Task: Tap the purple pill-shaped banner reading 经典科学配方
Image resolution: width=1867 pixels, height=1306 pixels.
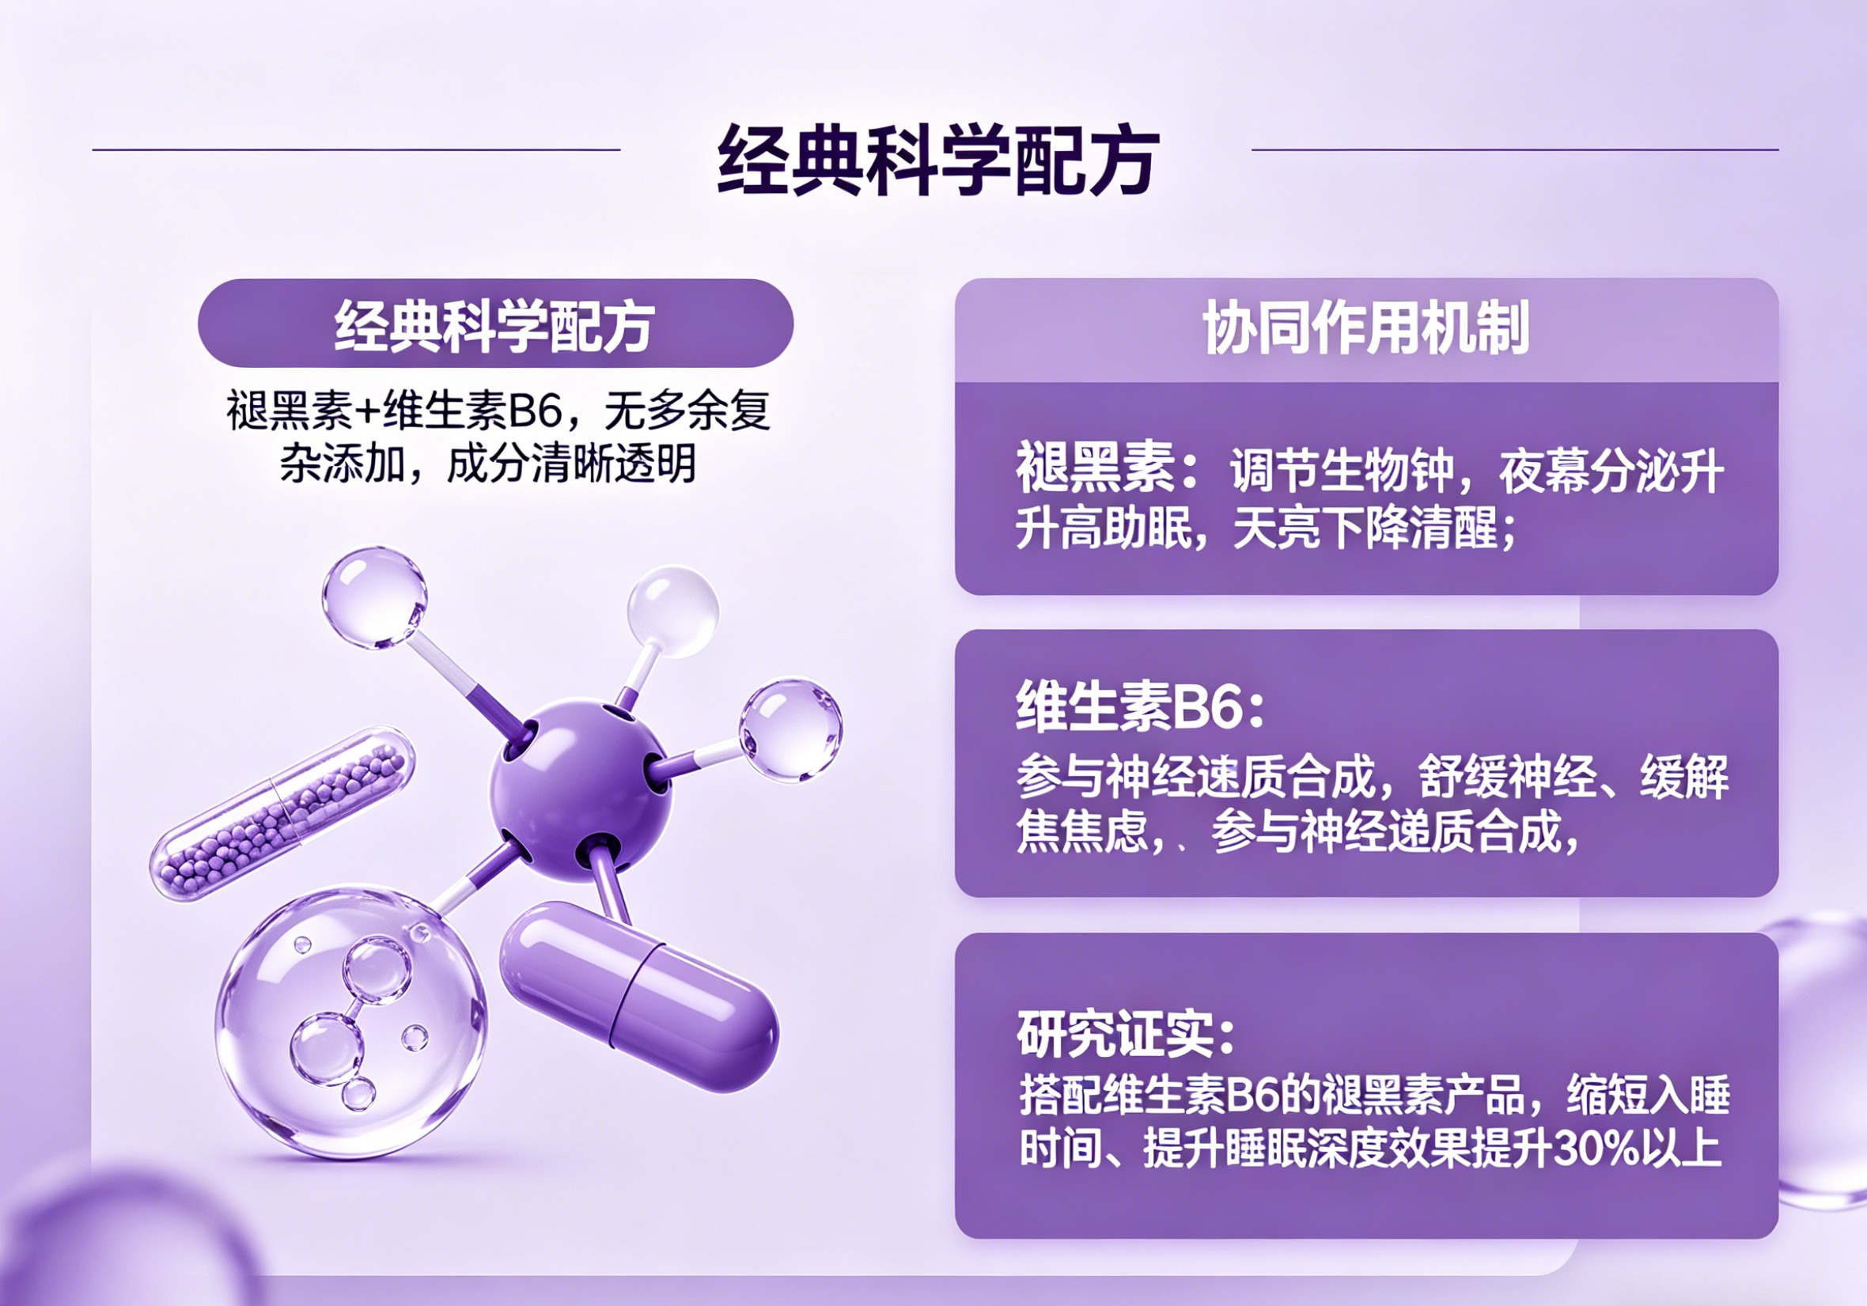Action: pyautogui.click(x=495, y=323)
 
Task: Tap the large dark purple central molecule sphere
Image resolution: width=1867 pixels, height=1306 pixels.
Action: pyautogui.click(x=581, y=789)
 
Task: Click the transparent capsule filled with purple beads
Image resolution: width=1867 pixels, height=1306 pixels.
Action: pyautogui.click(x=282, y=814)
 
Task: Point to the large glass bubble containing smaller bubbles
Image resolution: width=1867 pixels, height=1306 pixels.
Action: pyautogui.click(x=350, y=1022)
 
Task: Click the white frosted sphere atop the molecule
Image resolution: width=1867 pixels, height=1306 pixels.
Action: pyautogui.click(x=672, y=611)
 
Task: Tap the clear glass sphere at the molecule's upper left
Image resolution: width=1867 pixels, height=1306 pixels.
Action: pyautogui.click(x=374, y=597)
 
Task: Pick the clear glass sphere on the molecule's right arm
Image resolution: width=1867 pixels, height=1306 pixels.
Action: pyautogui.click(x=790, y=730)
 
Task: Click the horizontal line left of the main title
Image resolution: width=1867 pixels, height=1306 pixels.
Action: pyautogui.click(x=356, y=150)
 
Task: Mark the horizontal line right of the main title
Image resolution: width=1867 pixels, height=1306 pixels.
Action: pyautogui.click(x=1515, y=150)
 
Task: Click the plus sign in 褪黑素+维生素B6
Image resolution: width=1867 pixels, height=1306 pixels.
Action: pyautogui.click(x=368, y=411)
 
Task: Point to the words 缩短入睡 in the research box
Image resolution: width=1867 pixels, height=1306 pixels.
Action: pyautogui.click(x=1649, y=1095)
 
